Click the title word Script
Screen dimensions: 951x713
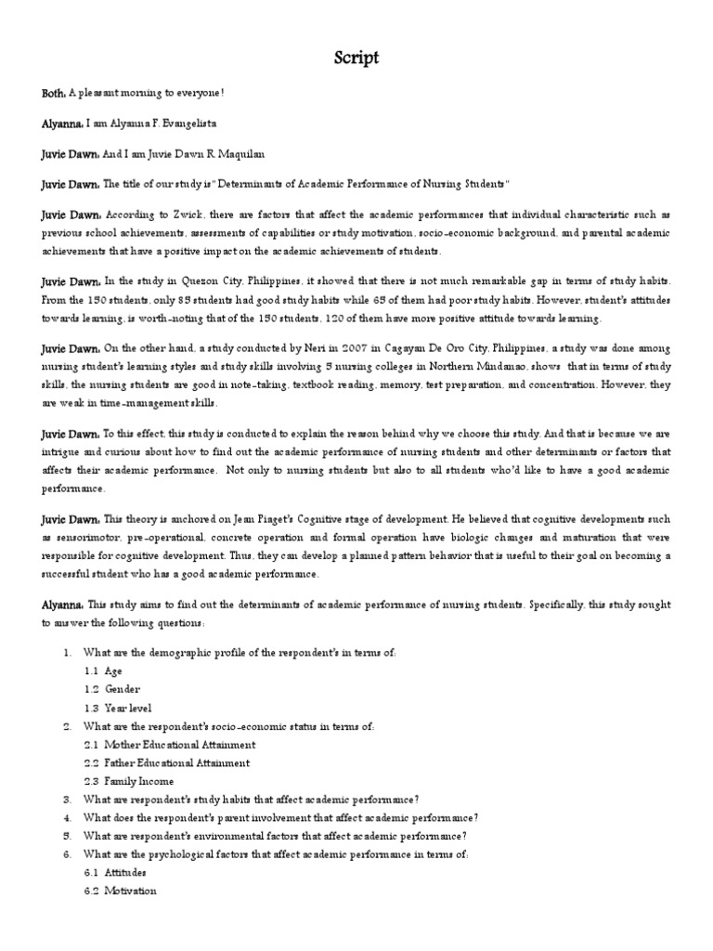coord(356,59)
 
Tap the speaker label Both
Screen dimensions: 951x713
coord(52,93)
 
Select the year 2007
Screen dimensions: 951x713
coord(350,348)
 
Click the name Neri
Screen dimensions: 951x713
coord(313,348)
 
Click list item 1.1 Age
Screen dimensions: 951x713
coord(103,671)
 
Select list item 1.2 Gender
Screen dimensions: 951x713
coord(111,690)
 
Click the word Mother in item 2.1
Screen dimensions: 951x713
coord(123,745)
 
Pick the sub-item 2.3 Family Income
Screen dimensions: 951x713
coord(127,781)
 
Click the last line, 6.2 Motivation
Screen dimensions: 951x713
coord(119,892)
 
